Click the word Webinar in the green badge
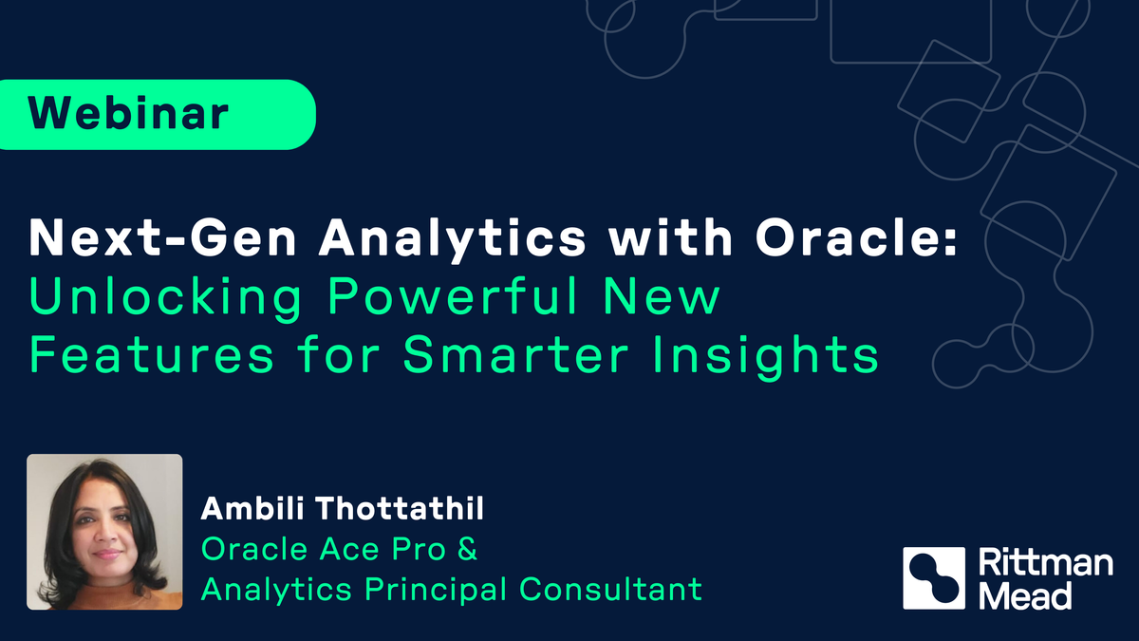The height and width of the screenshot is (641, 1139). tap(128, 114)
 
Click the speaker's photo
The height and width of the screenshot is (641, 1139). tap(104, 532)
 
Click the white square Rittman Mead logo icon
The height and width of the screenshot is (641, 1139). tap(934, 578)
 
